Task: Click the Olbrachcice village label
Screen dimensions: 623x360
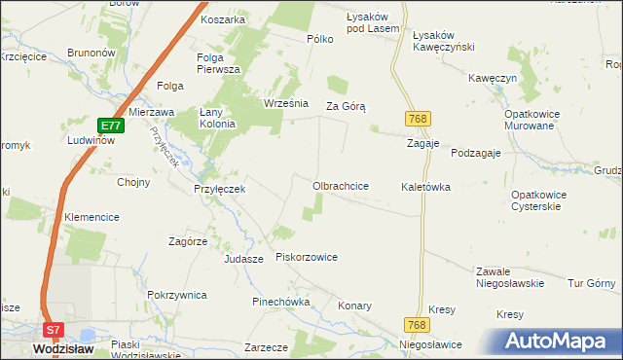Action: click(x=340, y=185)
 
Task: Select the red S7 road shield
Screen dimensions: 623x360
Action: click(x=55, y=330)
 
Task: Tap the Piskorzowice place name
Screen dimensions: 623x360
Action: click(x=307, y=257)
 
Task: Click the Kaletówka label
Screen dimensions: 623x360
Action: click(x=425, y=186)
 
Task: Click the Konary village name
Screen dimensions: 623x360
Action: click(x=354, y=306)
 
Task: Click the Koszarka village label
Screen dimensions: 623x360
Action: click(x=222, y=18)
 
